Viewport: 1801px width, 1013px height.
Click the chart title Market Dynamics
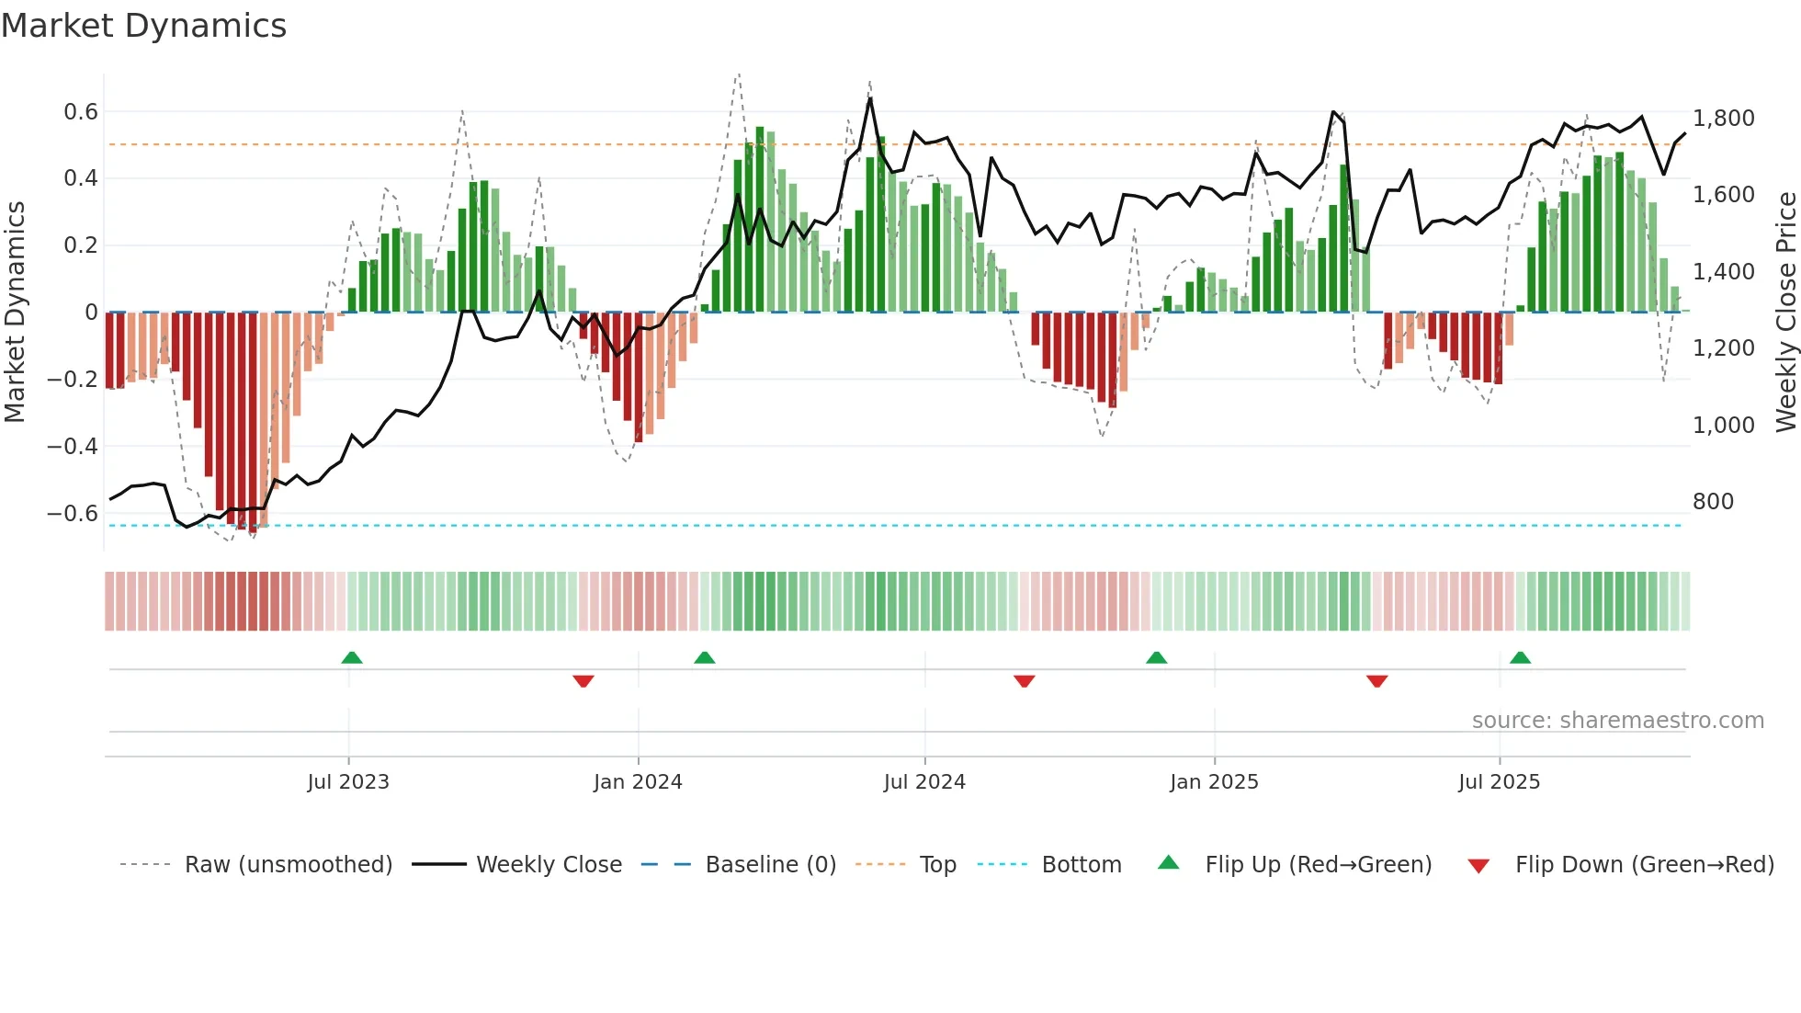coord(143,26)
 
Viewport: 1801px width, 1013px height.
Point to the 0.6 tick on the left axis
coord(80,112)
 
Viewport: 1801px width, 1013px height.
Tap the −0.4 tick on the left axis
coord(72,447)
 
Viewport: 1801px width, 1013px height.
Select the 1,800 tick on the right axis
coord(1723,119)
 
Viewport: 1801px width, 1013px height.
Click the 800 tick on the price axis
coord(1713,502)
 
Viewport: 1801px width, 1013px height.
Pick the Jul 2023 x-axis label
coord(348,782)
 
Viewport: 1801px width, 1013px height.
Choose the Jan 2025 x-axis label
coord(1214,782)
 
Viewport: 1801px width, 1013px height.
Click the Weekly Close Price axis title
coord(1785,312)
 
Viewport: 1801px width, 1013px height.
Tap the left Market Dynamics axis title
coord(16,312)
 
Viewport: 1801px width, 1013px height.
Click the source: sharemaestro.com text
coord(1617,721)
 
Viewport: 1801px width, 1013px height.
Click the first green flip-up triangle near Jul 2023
coord(352,658)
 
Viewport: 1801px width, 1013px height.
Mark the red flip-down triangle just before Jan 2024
coord(583,681)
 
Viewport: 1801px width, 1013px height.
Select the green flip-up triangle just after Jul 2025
coord(1520,658)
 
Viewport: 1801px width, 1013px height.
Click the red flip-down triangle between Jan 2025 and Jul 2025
coord(1376,681)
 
